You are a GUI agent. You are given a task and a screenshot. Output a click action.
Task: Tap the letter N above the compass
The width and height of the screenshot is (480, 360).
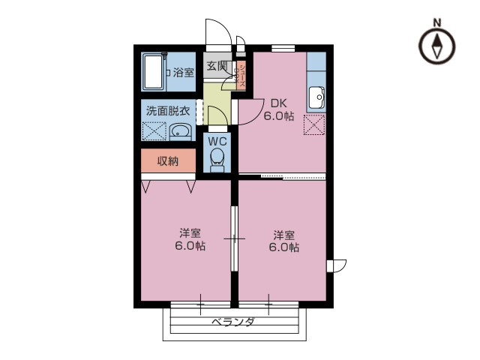pos(438,23)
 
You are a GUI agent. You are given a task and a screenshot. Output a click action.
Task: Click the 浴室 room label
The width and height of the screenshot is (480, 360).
pos(184,73)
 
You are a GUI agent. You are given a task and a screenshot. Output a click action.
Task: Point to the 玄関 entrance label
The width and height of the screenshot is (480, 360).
pos(217,64)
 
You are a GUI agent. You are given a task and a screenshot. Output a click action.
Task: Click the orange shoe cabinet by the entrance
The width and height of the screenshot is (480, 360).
pos(242,75)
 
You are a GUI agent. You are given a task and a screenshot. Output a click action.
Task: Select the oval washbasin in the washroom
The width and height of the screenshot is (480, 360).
pos(180,133)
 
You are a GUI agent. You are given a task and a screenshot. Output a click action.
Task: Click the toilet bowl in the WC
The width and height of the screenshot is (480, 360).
pos(217,158)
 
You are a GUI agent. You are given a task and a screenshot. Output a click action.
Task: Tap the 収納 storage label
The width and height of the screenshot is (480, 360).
pos(168,161)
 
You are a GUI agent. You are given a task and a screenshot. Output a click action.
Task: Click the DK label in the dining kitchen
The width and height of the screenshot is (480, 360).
pos(278,103)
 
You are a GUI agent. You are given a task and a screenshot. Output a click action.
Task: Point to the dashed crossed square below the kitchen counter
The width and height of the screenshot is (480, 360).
pos(314,124)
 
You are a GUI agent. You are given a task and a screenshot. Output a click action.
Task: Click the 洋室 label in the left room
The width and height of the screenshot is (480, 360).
pos(189,232)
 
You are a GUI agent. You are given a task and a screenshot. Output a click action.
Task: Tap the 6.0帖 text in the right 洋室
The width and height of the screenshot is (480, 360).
pos(284,246)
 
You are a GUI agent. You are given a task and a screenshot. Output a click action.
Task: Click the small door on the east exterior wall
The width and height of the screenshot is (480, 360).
pos(338,265)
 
